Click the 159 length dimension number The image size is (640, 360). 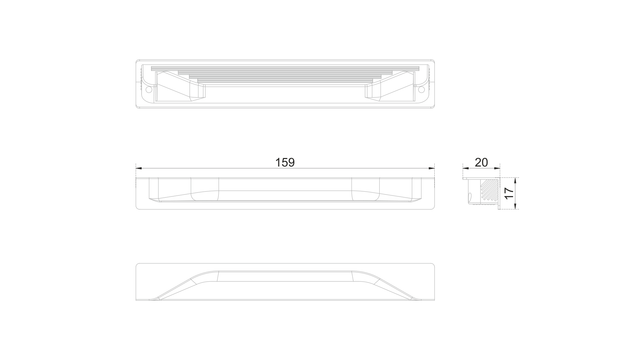point(285,162)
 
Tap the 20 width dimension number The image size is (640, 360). point(481,162)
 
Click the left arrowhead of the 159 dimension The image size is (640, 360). point(139,168)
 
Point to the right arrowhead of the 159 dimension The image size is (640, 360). point(431,168)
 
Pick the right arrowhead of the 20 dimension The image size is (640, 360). point(497,168)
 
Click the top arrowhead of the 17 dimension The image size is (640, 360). point(515,181)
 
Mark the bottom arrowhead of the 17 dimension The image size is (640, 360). point(515,206)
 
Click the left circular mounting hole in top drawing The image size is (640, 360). point(149,89)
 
